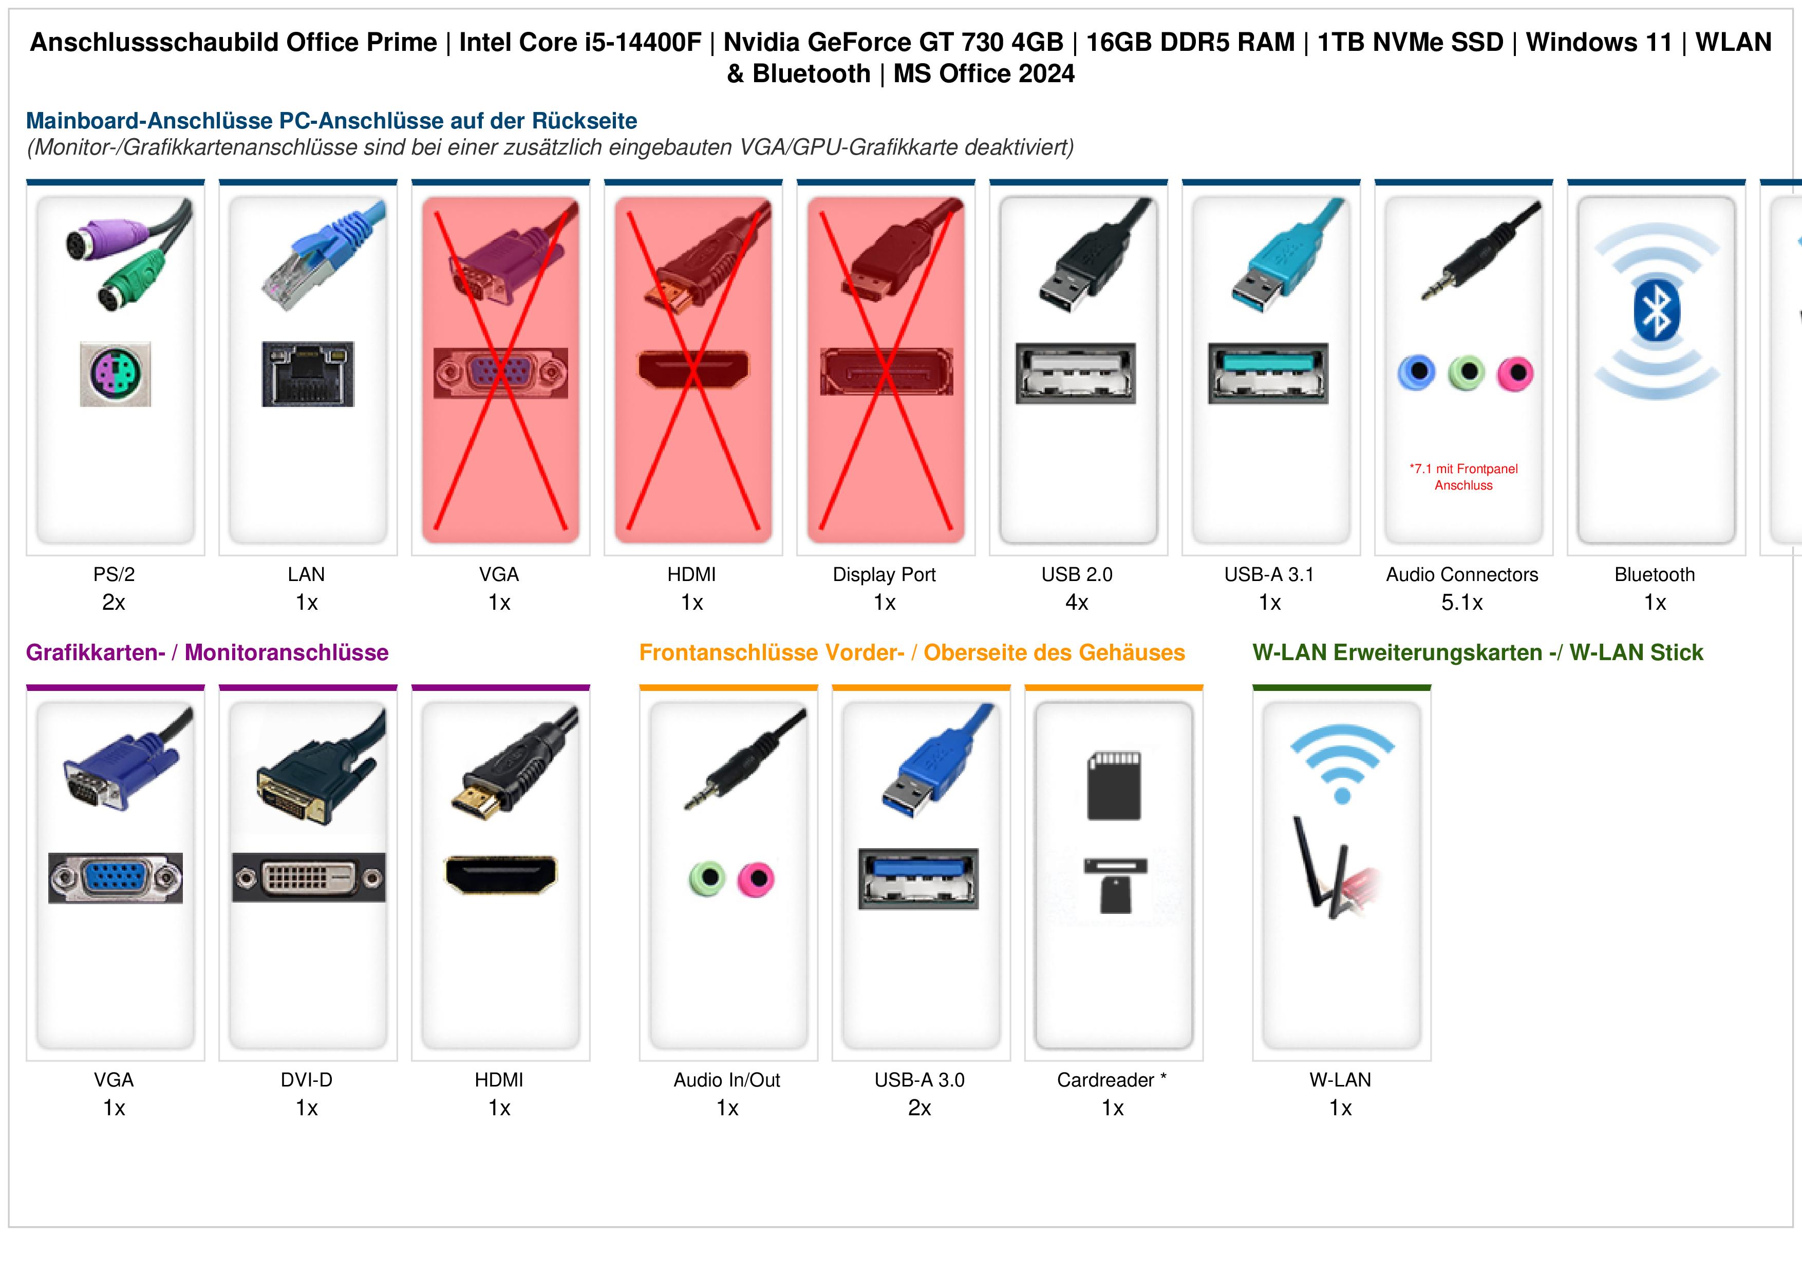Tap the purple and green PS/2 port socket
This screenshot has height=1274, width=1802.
[x=116, y=373]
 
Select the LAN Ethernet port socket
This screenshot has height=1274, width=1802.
[x=308, y=373]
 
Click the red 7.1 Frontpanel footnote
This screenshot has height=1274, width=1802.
[x=1463, y=477]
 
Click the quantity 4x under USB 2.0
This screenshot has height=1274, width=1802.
[x=1077, y=603]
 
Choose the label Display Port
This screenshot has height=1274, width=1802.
[x=885, y=575]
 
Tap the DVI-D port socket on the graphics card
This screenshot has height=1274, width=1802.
[x=308, y=877]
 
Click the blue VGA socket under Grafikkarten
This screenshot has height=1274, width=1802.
[x=116, y=877]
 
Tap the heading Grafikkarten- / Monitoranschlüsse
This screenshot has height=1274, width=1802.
[x=207, y=652]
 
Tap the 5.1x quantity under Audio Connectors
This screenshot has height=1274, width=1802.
[x=1462, y=603]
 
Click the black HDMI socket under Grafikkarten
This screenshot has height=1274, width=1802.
[x=501, y=874]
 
